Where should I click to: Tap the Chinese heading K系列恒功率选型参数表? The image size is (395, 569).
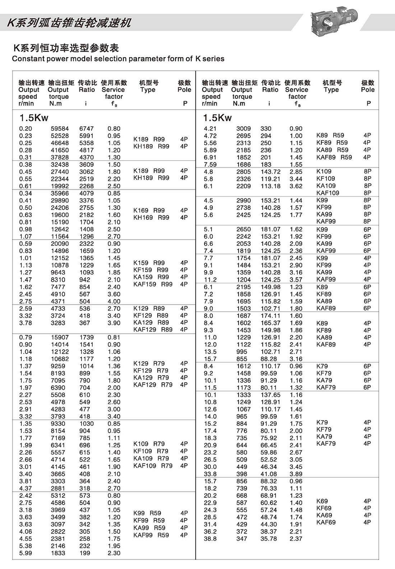[x=66, y=48]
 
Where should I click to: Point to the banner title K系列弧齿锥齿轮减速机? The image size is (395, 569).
[x=69, y=23]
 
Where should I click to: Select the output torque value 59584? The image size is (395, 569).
[x=60, y=129]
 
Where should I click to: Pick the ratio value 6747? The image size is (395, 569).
[x=87, y=129]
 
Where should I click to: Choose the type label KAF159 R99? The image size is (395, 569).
[x=153, y=284]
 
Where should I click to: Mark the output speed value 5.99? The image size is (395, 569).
[x=25, y=553]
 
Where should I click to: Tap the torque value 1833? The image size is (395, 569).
[x=58, y=553]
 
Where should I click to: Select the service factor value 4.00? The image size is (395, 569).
[x=114, y=302]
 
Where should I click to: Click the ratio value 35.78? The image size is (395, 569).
[x=269, y=539]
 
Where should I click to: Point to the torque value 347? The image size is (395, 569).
[x=242, y=539]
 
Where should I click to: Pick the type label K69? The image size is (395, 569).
[x=322, y=501]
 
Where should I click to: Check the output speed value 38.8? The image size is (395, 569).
[x=210, y=539]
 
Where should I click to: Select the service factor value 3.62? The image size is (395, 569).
[x=296, y=186]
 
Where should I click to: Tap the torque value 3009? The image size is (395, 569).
[x=243, y=129]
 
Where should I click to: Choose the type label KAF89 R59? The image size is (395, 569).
[x=334, y=157]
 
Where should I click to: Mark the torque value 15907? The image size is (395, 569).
[x=60, y=338]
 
